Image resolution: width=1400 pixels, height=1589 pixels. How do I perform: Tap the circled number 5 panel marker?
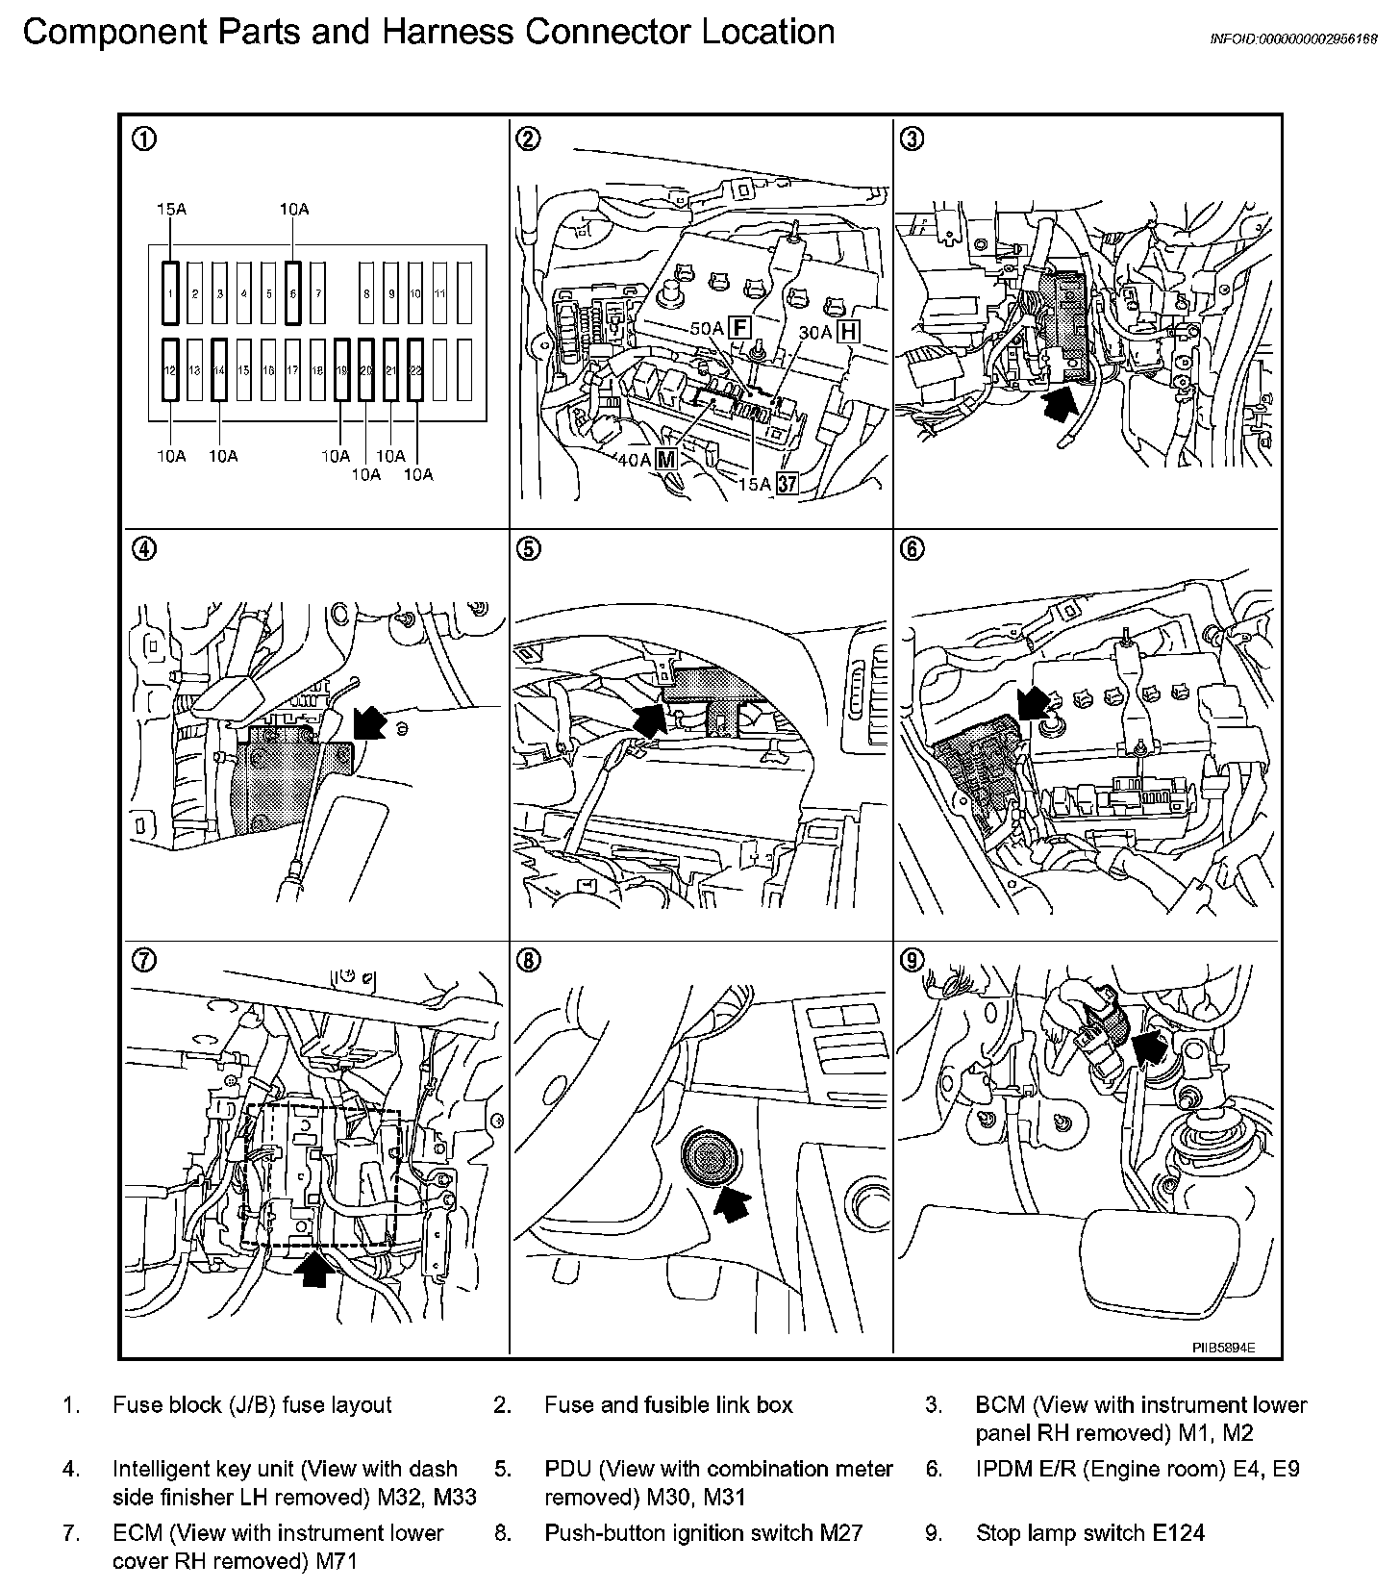point(528,549)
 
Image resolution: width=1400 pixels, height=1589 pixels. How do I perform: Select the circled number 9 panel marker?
point(912,960)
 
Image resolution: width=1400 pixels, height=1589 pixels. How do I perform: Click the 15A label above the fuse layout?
point(171,209)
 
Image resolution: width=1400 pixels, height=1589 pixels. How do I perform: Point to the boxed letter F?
point(739,328)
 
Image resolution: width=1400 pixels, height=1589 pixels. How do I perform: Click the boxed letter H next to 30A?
point(848,332)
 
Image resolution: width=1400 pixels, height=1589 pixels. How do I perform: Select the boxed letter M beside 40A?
point(665,460)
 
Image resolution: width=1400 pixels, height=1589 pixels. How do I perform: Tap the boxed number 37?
point(787,484)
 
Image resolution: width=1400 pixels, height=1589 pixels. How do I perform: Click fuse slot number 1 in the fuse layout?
point(170,291)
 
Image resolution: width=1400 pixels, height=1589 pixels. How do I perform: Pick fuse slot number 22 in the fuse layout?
point(415,369)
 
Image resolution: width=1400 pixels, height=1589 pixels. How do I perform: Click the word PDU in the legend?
point(566,1470)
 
